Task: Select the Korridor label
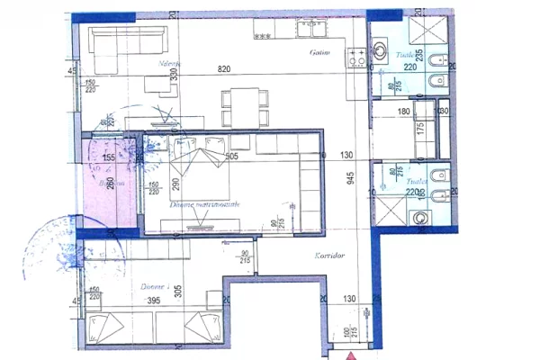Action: pos(330,256)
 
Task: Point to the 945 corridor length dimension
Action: pos(350,177)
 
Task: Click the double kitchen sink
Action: pos(311,31)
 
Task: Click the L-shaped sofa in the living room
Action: pos(121,47)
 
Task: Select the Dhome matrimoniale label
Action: pos(204,205)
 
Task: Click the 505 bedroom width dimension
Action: pos(230,157)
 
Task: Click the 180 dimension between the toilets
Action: pos(404,112)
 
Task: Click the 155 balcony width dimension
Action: pos(108,157)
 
